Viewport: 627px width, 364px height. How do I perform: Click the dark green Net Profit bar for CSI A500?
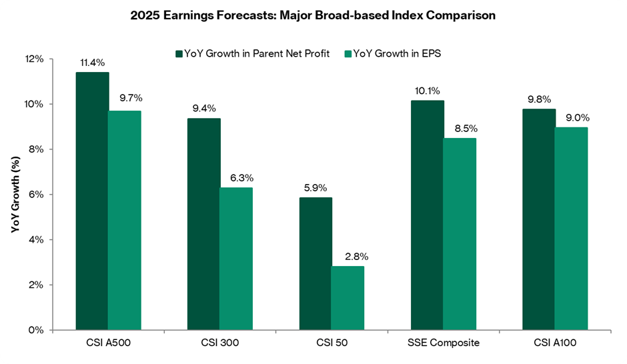point(92,201)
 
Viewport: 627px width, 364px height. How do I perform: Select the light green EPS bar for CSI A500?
point(125,220)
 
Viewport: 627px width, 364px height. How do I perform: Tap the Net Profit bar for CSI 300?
point(203,223)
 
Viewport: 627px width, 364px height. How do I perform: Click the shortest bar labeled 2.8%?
point(348,298)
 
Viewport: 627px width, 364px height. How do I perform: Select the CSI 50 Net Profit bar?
point(315,263)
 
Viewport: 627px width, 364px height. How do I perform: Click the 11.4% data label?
point(92,63)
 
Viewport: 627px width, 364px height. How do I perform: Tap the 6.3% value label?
point(237,178)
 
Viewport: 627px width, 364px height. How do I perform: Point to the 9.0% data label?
point(571,117)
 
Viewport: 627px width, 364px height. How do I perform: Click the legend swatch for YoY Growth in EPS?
point(348,53)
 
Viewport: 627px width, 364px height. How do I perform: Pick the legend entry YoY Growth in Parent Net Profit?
point(254,53)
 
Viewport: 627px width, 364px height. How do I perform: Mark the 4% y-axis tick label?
point(55,239)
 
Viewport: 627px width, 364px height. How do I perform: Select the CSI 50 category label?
point(332,343)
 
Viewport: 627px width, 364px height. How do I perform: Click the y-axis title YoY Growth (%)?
point(16,195)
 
